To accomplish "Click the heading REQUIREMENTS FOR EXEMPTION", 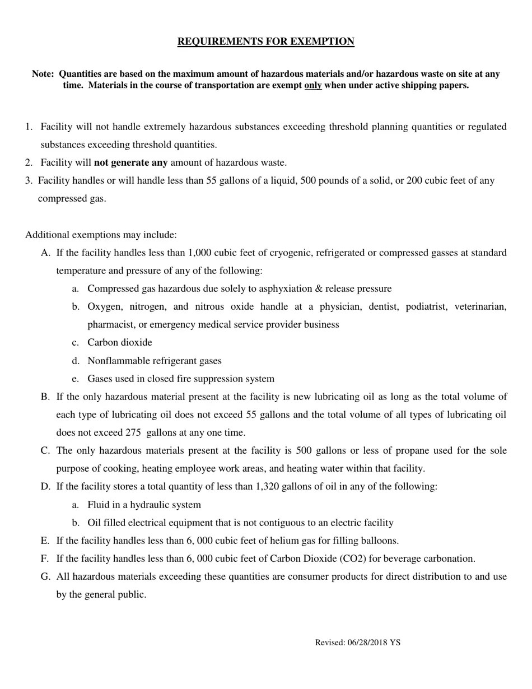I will [265, 41].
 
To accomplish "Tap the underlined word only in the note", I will [312, 86].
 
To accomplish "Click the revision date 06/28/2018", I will [368, 643].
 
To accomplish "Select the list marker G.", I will [45, 576].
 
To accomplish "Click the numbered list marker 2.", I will [29, 163].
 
